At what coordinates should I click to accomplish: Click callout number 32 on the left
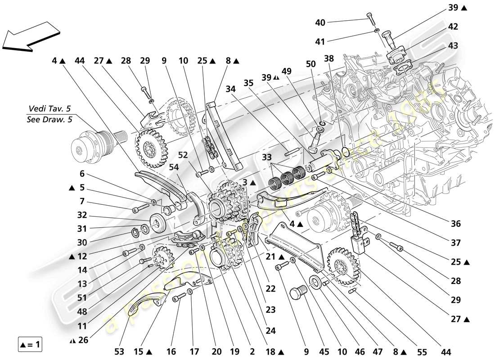coord(82,215)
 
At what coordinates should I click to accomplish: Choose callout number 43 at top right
coord(453,46)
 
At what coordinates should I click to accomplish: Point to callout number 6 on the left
coord(82,174)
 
